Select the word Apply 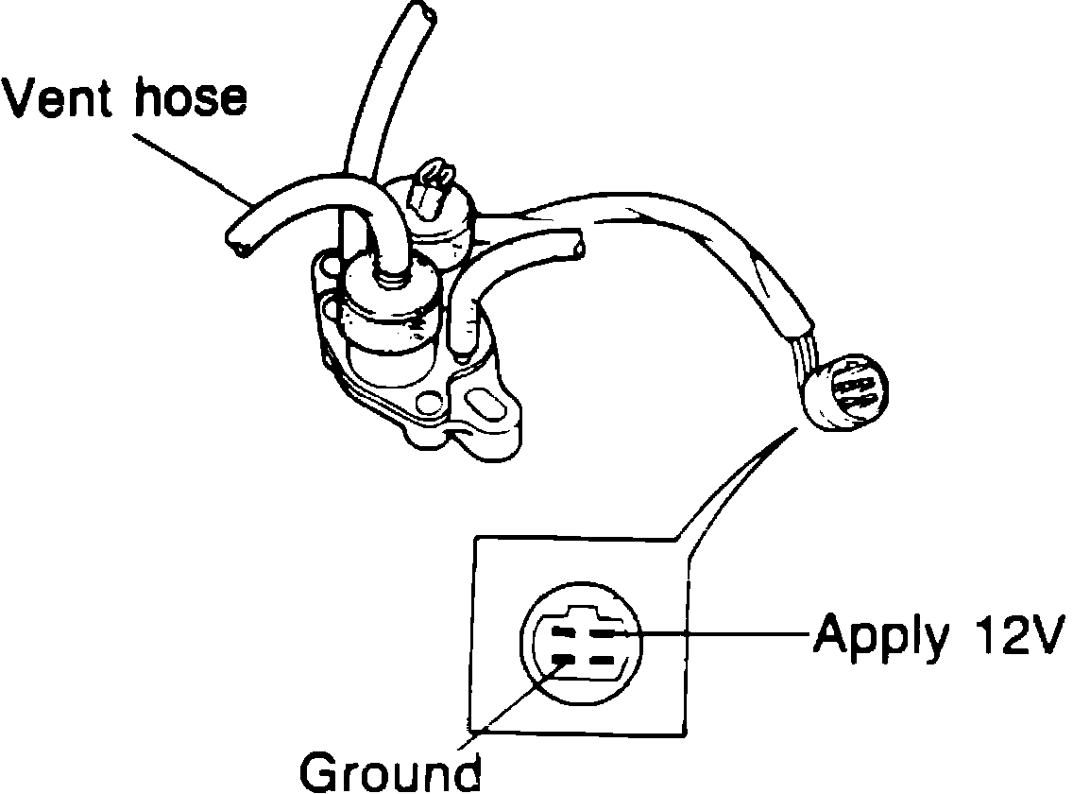coord(879,636)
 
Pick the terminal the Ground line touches coord(563,658)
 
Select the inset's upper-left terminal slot coord(563,631)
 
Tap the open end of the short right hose coord(575,247)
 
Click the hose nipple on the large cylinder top coord(389,275)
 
